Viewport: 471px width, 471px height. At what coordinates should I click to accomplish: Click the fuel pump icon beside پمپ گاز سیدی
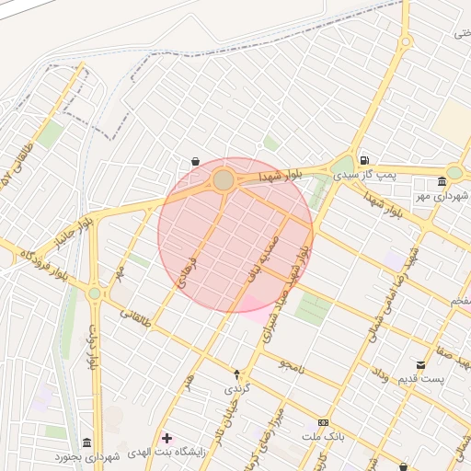click(365, 158)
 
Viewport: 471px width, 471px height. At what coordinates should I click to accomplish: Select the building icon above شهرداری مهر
click(442, 180)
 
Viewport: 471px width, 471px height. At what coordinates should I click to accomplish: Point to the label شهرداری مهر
click(442, 195)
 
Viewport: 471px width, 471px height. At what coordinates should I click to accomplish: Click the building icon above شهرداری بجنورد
click(86, 442)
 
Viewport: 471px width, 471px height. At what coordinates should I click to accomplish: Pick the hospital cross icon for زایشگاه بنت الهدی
click(166, 437)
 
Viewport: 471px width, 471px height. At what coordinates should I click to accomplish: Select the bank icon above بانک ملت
click(322, 421)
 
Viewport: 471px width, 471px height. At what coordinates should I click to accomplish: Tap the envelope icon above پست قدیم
click(421, 365)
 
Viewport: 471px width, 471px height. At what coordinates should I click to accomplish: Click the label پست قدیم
click(421, 379)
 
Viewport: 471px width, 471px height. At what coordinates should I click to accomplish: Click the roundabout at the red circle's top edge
click(224, 178)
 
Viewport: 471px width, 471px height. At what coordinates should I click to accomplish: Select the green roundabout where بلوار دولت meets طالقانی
click(95, 294)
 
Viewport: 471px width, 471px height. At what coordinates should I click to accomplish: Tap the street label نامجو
click(292, 363)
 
